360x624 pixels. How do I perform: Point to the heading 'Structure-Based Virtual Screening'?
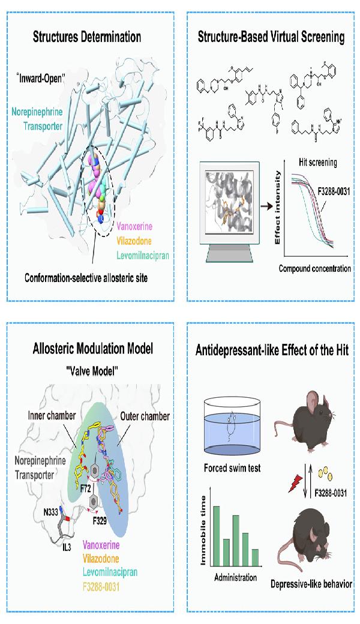pyautogui.click(x=271, y=37)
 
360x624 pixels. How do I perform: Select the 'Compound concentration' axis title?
pyautogui.click(x=314, y=268)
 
